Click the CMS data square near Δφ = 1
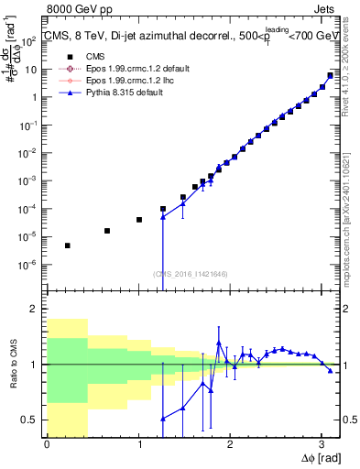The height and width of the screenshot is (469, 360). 139,220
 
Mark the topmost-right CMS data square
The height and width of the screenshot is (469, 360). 331,75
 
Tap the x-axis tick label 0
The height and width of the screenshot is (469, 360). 47,444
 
